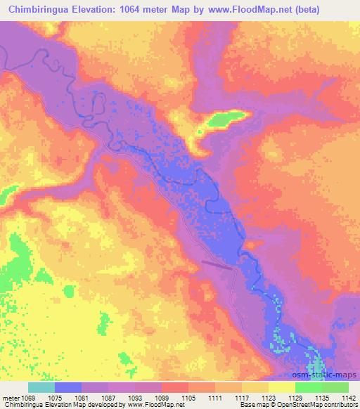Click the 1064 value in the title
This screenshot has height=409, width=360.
point(150,11)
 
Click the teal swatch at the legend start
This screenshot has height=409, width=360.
point(41,387)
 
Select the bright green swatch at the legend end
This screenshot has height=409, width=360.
point(335,387)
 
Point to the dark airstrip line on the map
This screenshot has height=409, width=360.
point(217,264)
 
